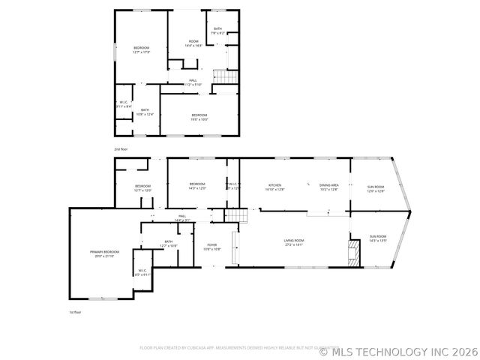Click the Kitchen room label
274,187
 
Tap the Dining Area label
329,187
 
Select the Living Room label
293,242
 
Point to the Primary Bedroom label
105,253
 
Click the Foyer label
212,246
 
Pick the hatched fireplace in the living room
354,253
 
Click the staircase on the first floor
236,216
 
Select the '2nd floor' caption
121,149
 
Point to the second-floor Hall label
193,82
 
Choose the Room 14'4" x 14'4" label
193,43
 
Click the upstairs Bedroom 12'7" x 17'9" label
142,50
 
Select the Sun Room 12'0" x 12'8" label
375,189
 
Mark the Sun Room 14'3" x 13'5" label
377,238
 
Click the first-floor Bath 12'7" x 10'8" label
168,243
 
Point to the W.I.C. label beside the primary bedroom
142,273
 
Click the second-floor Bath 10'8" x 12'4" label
145,112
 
